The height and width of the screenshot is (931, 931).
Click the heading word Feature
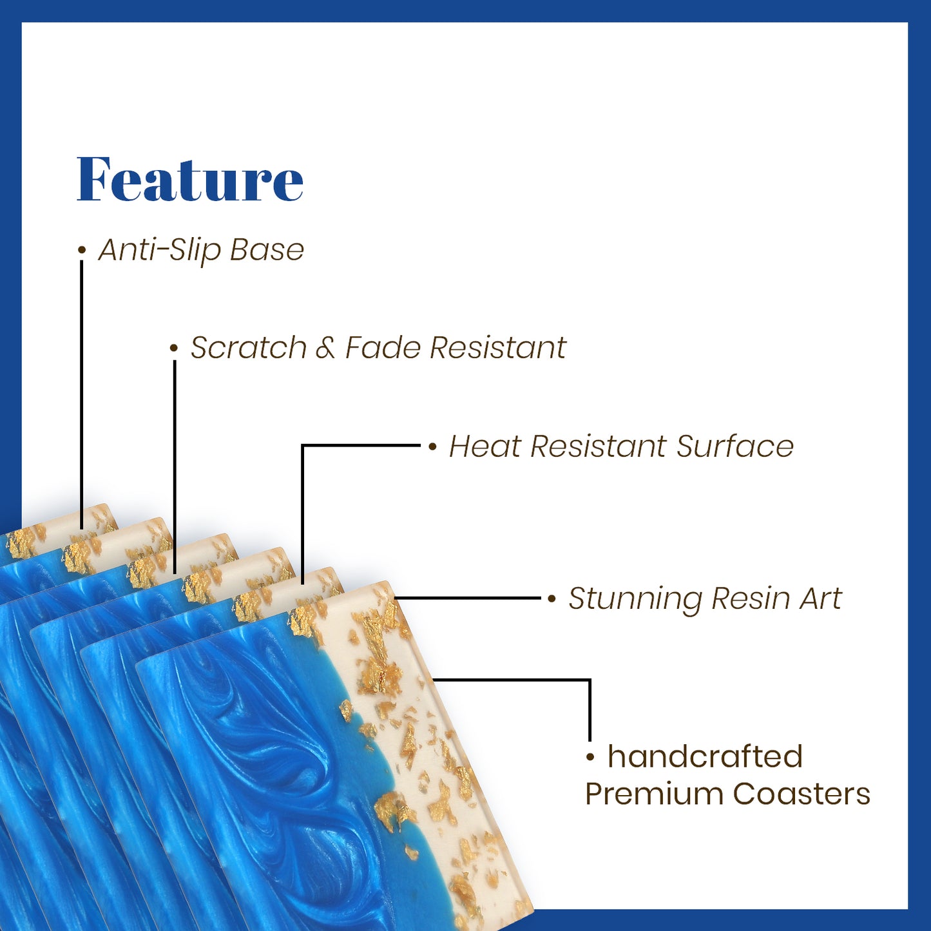(x=190, y=178)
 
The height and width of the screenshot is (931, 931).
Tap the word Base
(x=267, y=250)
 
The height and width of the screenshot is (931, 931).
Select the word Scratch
(x=249, y=347)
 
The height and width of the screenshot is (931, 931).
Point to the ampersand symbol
(x=325, y=348)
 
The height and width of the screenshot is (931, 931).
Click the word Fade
(x=383, y=347)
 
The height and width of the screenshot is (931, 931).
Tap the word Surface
(x=735, y=446)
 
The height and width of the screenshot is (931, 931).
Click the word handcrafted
(x=705, y=756)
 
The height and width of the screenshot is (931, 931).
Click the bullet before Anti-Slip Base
(x=82, y=250)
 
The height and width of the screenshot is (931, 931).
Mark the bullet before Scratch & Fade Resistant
(x=174, y=349)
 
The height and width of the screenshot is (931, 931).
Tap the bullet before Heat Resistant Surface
(x=432, y=447)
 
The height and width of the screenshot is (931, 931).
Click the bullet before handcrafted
(x=590, y=758)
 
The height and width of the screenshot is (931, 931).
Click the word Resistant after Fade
(x=498, y=347)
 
